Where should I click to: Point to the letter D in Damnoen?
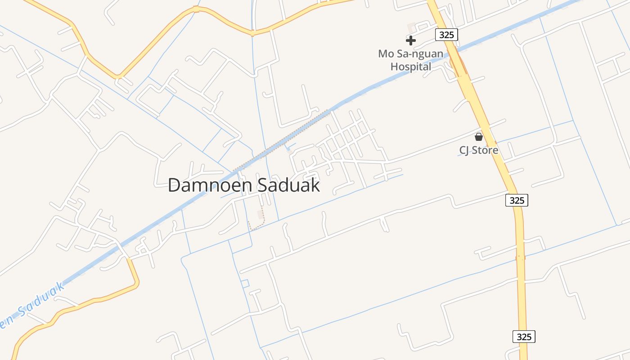coord(174,185)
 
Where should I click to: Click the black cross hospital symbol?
coord(410,40)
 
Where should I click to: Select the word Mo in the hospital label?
coord(386,54)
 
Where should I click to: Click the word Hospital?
coord(410,67)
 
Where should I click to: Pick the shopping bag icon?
coord(479,137)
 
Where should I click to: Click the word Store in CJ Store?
coord(486,150)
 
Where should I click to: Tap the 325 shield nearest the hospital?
coord(446,35)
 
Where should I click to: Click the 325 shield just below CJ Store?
coord(517,200)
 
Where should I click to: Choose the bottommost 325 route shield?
coord(524,337)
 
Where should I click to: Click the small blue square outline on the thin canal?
coord(245,283)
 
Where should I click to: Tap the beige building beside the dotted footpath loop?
coord(260,214)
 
